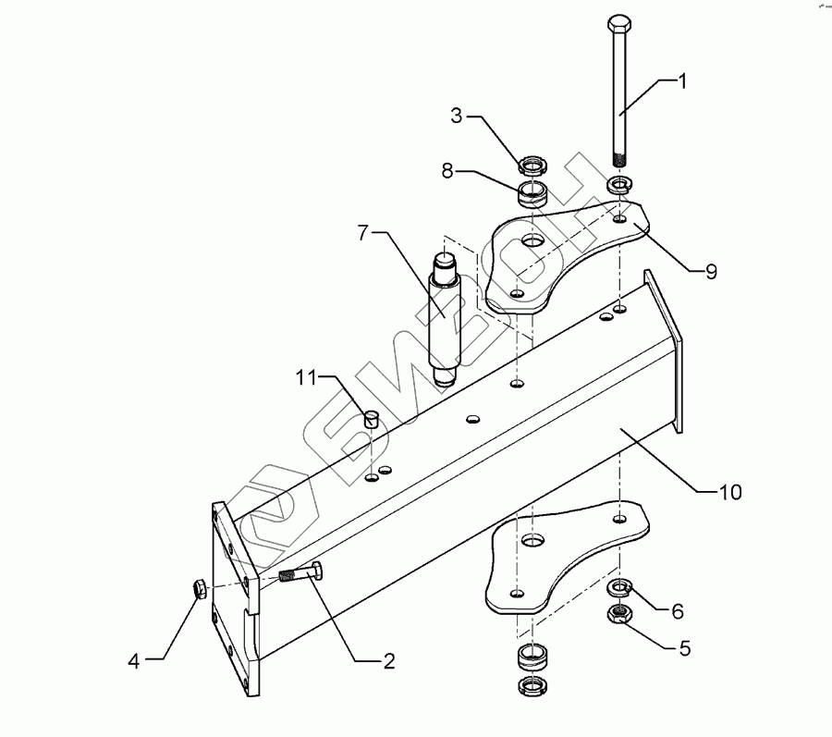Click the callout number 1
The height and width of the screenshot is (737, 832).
tap(683, 81)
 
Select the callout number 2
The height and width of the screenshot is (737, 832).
tap(389, 660)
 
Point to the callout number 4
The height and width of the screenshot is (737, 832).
tap(134, 660)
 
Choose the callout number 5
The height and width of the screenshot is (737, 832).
tap(684, 648)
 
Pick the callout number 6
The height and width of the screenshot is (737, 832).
tap(678, 611)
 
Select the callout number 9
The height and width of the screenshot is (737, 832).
tap(711, 271)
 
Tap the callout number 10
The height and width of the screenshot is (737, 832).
tap(730, 492)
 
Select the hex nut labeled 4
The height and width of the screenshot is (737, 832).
tap(199, 588)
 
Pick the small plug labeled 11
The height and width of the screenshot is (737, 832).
tap(372, 417)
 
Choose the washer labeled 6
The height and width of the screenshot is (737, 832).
tap(618, 588)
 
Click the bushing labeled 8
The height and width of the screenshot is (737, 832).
tap(533, 194)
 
